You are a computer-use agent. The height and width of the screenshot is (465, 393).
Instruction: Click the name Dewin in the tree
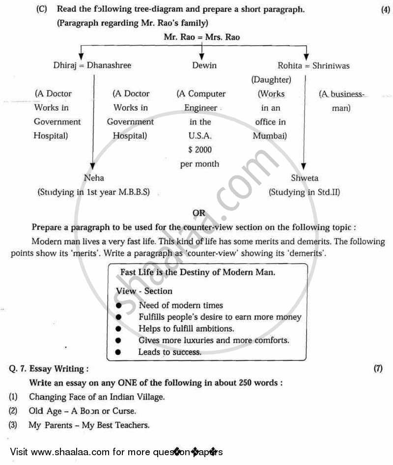point(204,65)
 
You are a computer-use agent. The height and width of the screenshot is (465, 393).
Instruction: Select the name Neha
point(94,178)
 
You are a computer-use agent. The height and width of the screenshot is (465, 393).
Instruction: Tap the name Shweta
point(304,178)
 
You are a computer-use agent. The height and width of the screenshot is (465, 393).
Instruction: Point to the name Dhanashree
point(109,65)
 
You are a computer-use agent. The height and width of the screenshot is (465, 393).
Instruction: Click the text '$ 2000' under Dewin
point(199,150)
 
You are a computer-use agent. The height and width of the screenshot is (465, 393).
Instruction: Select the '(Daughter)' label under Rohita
point(271,79)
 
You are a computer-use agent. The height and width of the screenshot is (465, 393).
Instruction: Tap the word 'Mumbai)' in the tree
point(270,136)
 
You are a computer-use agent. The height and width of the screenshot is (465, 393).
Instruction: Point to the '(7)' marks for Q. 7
point(378,368)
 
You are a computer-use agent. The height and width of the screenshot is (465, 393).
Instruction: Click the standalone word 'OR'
point(199,213)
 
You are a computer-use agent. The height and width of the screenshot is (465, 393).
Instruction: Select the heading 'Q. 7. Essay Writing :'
point(49,368)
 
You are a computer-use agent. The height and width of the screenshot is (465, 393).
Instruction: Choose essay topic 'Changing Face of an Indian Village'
point(97,396)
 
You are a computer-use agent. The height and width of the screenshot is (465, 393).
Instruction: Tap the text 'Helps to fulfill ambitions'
point(186,328)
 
